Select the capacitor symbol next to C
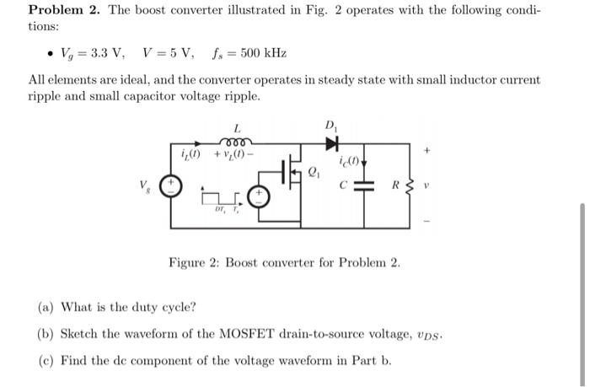364,185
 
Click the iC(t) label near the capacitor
349,161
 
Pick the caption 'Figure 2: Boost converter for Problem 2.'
284,262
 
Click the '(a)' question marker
46,306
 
